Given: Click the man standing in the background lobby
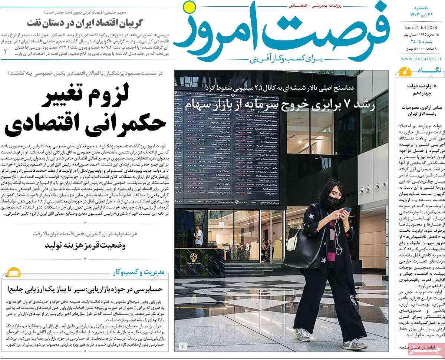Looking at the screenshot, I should click(x=199, y=236).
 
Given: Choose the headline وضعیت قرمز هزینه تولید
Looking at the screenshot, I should click(x=85, y=245).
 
